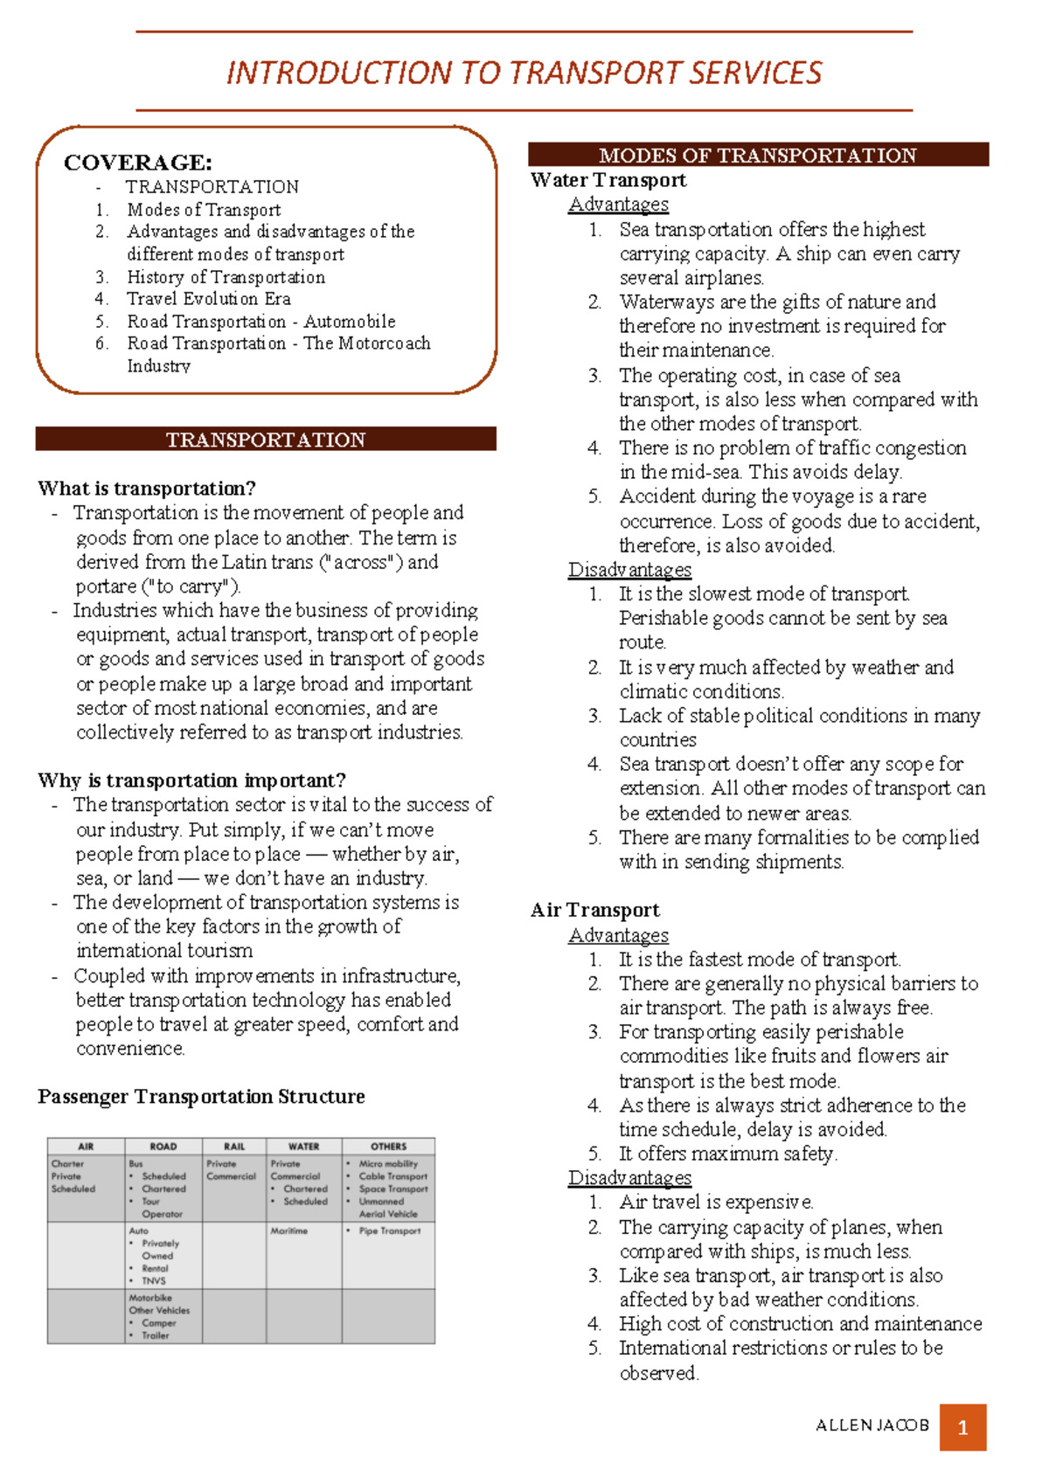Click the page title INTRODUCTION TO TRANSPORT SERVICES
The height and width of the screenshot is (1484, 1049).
524,73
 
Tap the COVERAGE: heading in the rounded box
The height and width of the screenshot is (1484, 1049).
137,163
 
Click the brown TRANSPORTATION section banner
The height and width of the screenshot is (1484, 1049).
266,440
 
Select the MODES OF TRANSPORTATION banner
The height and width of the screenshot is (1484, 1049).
757,156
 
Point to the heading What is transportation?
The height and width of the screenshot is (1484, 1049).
146,489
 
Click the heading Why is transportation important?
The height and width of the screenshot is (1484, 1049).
191,780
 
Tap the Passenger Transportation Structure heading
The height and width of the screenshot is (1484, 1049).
201,1097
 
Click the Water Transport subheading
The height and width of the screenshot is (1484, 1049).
608,180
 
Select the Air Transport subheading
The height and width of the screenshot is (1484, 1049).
594,911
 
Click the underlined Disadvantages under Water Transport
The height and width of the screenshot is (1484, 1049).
629,570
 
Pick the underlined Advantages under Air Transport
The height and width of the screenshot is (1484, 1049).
618,935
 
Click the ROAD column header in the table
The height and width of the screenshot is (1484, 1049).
163,1147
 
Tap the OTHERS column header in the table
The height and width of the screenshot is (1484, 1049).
388,1147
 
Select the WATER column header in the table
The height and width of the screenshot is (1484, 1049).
303,1147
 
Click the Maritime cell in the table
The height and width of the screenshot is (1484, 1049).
288,1231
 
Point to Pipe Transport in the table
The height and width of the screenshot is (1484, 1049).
389,1231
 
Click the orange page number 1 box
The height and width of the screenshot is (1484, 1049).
962,1428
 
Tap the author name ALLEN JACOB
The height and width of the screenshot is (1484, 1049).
872,1425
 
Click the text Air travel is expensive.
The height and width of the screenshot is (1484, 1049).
716,1203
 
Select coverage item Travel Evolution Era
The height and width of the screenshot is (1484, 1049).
208,299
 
